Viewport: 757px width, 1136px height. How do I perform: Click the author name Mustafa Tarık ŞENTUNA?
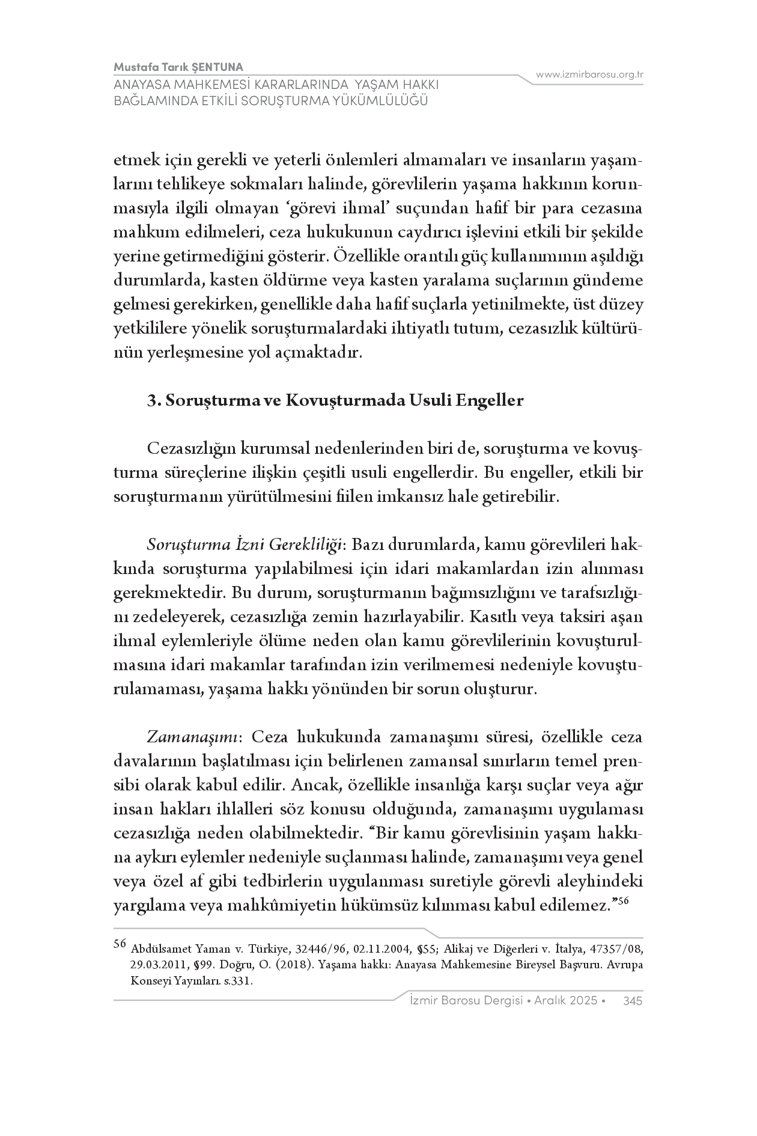(178, 67)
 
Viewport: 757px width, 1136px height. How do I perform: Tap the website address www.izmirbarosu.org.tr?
(589, 75)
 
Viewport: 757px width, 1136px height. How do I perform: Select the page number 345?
(633, 1000)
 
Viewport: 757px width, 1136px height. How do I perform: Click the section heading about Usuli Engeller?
(336, 400)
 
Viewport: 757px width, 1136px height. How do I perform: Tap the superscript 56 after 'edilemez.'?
(623, 900)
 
